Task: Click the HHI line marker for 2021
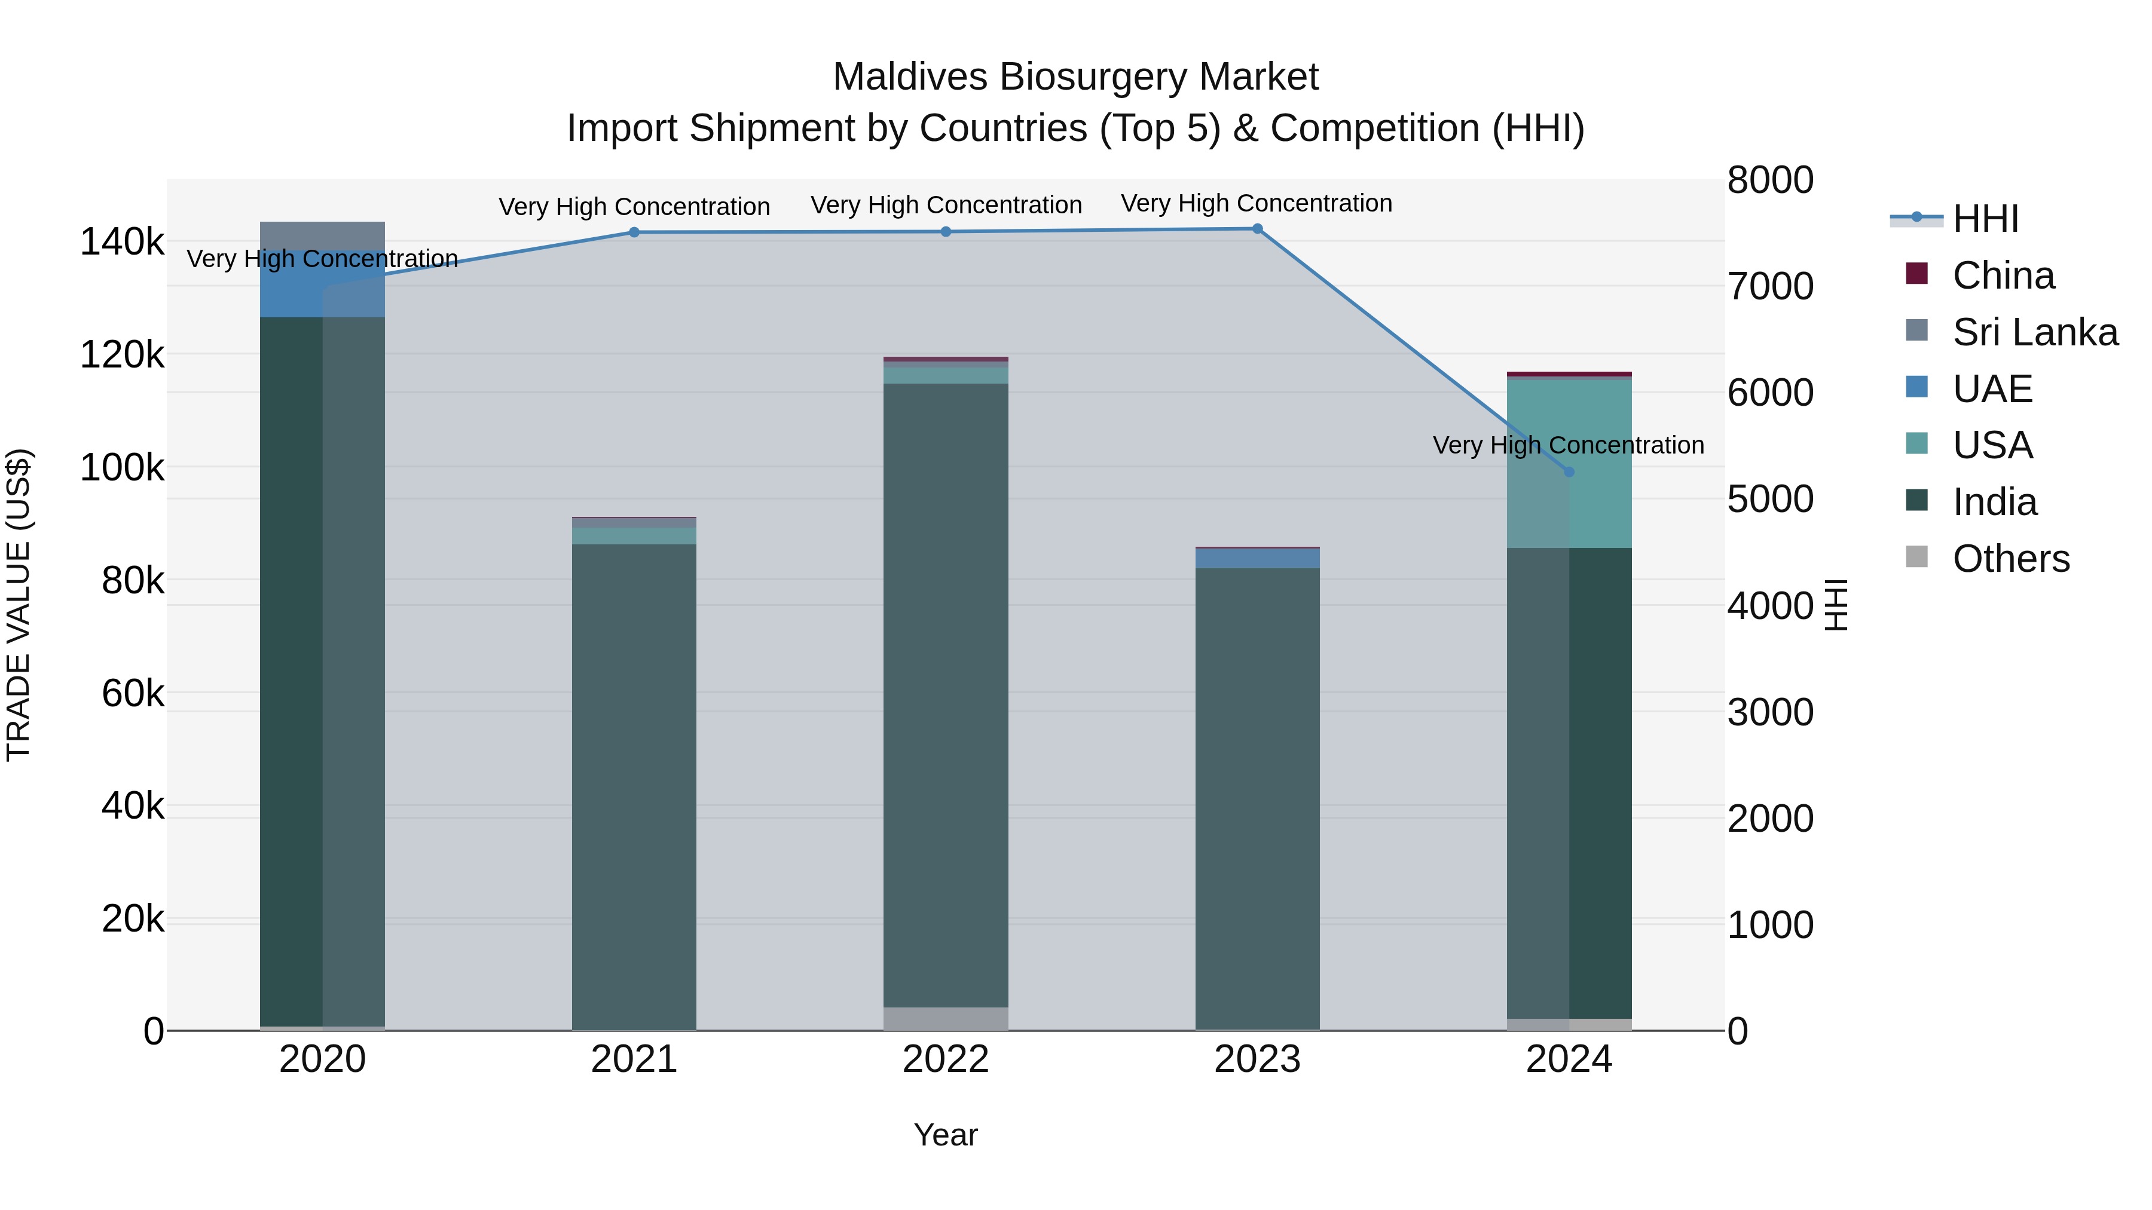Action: point(634,232)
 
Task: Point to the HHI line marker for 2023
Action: point(1257,229)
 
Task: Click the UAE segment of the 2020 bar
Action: point(322,284)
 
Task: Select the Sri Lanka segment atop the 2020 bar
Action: point(322,235)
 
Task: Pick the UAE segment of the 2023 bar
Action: point(1257,558)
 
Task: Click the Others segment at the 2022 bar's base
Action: point(946,1018)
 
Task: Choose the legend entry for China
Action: point(2003,275)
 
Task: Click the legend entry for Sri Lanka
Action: point(2034,332)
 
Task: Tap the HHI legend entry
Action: point(1984,219)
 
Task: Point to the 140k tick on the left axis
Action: point(122,242)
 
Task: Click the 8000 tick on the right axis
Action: point(1769,180)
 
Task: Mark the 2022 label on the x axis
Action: point(946,1059)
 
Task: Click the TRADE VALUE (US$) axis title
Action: point(19,605)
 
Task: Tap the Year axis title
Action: point(946,1135)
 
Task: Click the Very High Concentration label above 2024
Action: point(1568,445)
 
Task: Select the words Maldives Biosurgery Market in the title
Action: point(1075,77)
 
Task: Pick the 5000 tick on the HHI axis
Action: point(1769,500)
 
